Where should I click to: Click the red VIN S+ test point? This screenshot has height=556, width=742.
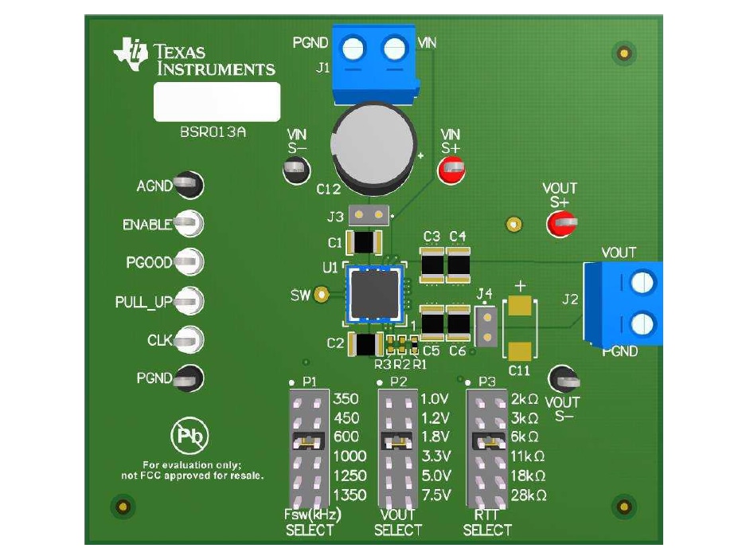[x=451, y=168]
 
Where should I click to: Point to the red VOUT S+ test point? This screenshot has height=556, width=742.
[x=560, y=225]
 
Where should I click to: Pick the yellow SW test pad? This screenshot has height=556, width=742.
[x=322, y=295]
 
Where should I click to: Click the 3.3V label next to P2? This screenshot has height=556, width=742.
[x=435, y=456]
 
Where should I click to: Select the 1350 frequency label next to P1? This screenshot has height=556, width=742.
[x=350, y=495]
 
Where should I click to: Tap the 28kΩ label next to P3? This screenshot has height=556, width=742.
[x=529, y=495]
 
